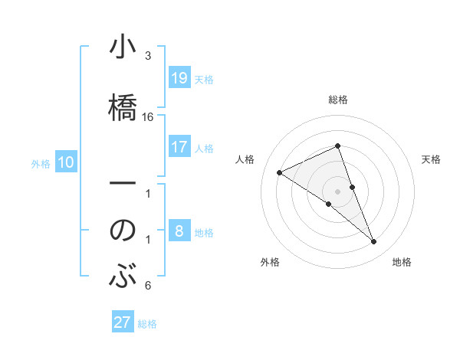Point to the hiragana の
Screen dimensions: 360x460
(x=123, y=231)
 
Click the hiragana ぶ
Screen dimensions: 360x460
(x=123, y=276)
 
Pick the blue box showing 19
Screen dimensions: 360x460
(x=179, y=78)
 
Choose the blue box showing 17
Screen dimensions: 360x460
(x=179, y=147)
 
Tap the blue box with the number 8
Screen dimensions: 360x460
(x=179, y=232)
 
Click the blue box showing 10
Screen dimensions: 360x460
(x=66, y=162)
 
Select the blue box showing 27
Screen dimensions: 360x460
(x=123, y=322)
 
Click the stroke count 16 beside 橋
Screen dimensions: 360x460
(x=148, y=117)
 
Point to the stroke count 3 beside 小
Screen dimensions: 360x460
(x=148, y=56)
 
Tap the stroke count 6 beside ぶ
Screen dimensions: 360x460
(x=148, y=286)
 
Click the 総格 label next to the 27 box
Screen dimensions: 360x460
(x=148, y=323)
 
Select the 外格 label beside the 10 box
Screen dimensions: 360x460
(x=41, y=163)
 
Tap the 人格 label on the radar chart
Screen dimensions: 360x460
(x=245, y=159)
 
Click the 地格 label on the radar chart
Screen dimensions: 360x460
(x=402, y=262)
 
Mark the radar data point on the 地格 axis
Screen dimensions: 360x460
(x=374, y=242)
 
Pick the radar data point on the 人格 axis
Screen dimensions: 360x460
(x=280, y=172)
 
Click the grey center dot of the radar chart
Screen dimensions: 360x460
(x=337, y=191)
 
